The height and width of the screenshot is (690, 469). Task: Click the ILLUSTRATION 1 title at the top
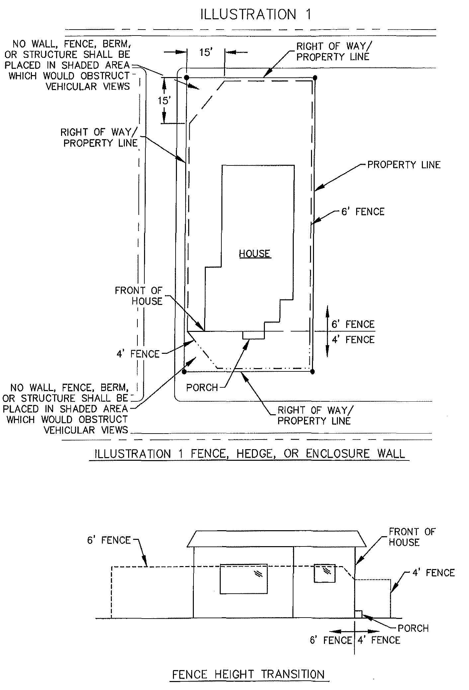pos(256,15)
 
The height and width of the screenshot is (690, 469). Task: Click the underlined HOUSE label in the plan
pos(255,254)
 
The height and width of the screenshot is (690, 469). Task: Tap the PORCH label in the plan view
pos(202,388)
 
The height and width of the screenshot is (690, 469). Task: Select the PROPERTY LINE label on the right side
pos(404,165)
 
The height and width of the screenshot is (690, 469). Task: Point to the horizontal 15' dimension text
pos(205,52)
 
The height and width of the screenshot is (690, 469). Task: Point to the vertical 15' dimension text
pos(164,100)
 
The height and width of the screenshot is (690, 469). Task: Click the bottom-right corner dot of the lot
pos(312,372)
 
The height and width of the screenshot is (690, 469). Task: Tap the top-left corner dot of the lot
pos(187,78)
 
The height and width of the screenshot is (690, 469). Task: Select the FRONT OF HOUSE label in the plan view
pos(139,296)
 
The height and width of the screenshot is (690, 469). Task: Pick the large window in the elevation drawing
pos(244,578)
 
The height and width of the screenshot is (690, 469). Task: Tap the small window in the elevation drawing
pos(325,573)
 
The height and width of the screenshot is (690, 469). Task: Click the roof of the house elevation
pos(276,539)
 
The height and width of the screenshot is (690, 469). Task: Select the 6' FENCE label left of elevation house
pos(109,541)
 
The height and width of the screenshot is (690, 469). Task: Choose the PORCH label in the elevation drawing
pos(413,628)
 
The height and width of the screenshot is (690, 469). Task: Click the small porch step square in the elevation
pos(358,614)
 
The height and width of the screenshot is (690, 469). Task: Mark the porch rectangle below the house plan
pos(254,335)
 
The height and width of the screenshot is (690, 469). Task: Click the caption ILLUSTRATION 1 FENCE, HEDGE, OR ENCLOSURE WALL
pos(250,454)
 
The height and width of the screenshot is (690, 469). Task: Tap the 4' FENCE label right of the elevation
pos(433,573)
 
